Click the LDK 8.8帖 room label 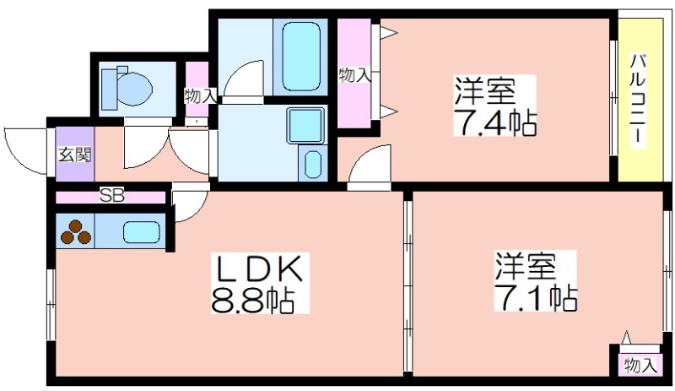260,283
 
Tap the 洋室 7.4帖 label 495,106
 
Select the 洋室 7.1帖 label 535,282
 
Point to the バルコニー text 638,100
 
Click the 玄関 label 75,155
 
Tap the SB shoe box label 112,196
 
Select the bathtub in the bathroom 301,55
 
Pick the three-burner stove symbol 76,232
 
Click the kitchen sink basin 142,232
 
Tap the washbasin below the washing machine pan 312,164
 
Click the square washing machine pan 305,126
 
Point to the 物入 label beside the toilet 199,95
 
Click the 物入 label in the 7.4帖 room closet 354,75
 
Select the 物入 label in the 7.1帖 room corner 640,366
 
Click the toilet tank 109,89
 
